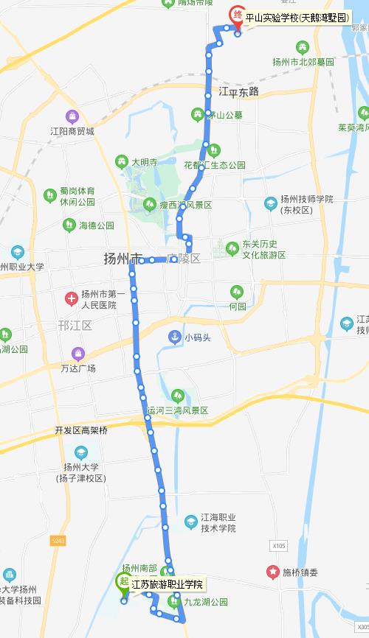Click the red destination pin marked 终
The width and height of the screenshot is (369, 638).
point(237,15)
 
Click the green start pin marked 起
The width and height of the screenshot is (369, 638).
point(123,581)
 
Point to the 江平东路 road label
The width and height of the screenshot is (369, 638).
point(239,91)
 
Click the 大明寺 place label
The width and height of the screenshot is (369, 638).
point(145,161)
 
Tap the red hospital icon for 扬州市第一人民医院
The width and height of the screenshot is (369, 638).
point(71,298)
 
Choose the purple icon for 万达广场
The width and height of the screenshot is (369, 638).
point(77,354)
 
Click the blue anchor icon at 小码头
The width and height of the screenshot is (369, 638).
point(174,337)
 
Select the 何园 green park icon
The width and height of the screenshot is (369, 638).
point(236,292)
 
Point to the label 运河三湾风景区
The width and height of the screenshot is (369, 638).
point(178,410)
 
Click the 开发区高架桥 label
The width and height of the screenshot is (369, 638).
point(81,430)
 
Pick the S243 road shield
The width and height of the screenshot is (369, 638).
point(59,540)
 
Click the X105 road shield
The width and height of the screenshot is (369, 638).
point(277,546)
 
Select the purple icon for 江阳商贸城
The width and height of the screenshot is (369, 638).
point(72,116)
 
